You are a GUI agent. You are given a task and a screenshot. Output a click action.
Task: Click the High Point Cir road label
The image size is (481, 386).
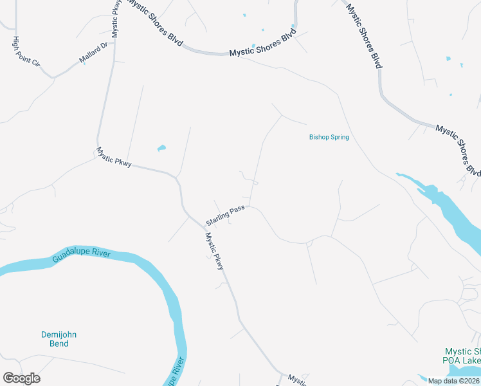(x=26, y=52)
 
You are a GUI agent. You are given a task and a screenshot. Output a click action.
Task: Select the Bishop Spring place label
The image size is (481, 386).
(x=329, y=137)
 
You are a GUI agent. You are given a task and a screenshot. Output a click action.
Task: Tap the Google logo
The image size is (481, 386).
(x=21, y=378)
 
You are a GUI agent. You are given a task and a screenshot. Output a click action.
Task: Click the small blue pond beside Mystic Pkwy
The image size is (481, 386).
(x=161, y=149)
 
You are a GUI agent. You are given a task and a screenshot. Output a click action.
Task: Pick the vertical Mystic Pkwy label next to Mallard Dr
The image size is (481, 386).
(x=116, y=19)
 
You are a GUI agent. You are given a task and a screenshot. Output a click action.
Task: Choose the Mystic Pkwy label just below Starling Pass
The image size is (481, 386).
(x=214, y=250)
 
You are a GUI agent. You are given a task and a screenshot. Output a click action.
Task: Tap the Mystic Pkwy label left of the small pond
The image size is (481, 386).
(x=114, y=158)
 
